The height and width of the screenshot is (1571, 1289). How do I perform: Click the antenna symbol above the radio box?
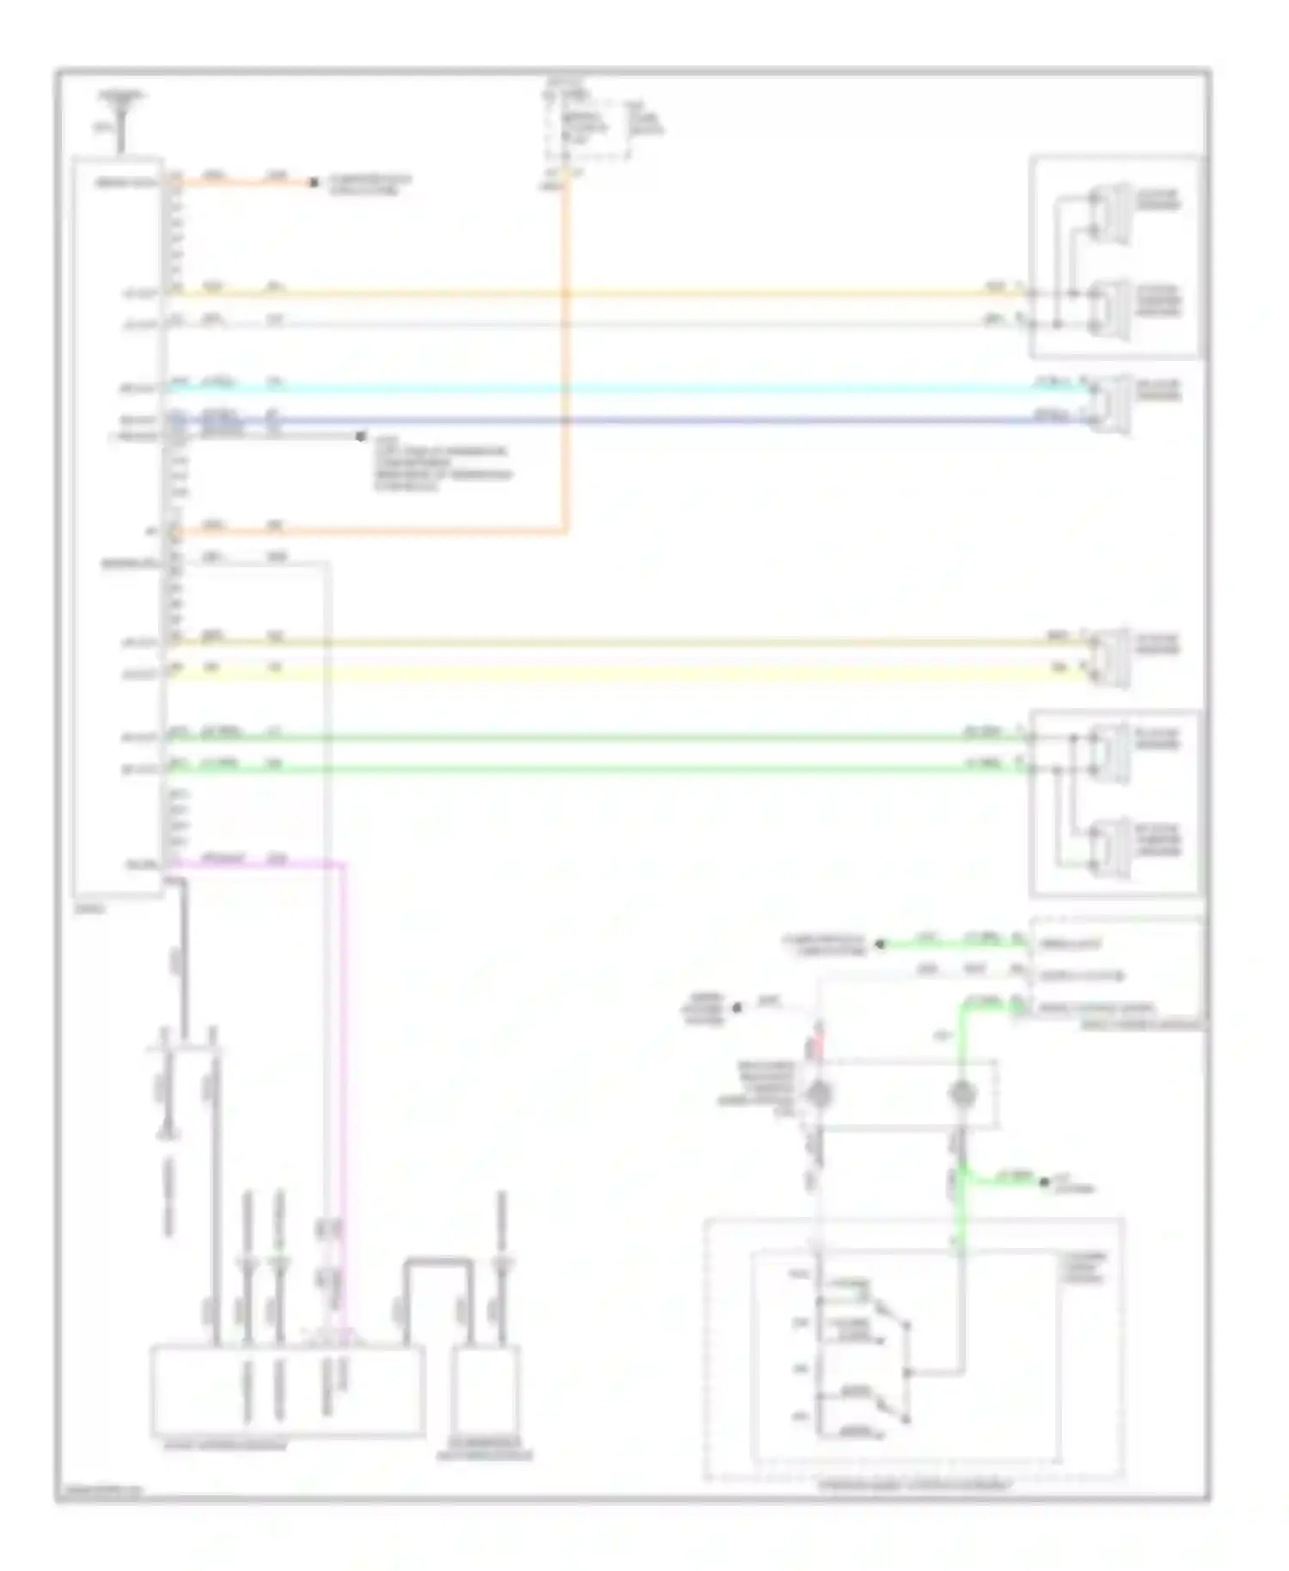point(122,116)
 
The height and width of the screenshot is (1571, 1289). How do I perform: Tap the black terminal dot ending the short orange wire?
point(314,182)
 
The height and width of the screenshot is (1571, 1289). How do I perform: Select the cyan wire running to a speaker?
point(602,388)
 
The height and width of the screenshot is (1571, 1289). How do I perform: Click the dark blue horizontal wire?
point(602,421)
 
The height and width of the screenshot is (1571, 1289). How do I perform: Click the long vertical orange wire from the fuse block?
point(565,361)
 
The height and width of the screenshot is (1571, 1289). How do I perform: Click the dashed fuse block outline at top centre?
point(587,129)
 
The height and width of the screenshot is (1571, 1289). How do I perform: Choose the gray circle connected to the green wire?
point(962,1093)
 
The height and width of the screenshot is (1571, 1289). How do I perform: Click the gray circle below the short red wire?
point(819,1093)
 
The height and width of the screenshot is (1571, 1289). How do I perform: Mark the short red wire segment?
point(819,1047)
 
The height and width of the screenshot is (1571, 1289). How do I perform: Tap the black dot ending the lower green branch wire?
point(1045,1183)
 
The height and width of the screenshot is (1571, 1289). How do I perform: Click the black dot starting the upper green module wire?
point(879,944)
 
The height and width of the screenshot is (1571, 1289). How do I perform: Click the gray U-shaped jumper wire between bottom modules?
point(438,1263)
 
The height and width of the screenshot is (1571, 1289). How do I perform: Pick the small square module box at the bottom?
point(486,1391)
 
